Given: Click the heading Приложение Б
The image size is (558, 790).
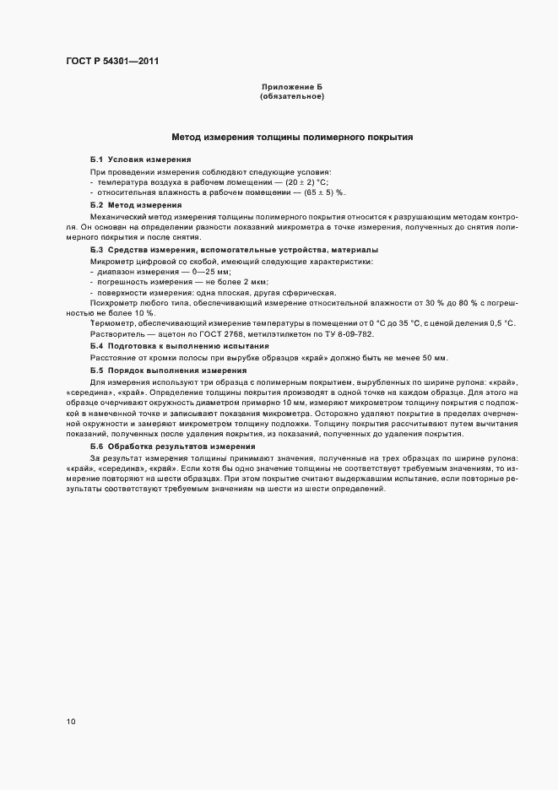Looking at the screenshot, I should point(292,88).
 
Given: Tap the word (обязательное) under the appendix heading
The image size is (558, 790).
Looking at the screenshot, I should point(292,96).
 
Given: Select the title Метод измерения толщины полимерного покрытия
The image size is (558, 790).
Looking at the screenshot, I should point(292,137).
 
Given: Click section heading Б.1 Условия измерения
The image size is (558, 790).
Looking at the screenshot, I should point(139,160).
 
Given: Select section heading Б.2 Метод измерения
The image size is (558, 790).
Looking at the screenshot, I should point(135,205).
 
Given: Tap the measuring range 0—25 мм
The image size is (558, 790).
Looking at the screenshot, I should point(185,273).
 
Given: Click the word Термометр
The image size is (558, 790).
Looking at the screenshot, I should point(112,324).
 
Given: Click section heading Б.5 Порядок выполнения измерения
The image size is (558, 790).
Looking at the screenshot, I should point(168,370).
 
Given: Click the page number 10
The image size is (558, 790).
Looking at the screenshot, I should point(71,721).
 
